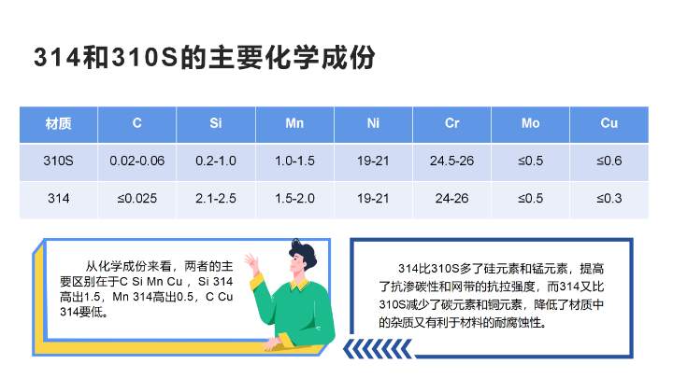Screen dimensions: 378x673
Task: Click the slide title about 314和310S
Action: [204, 58]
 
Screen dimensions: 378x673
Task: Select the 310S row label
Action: [58, 161]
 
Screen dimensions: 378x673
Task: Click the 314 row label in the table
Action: [58, 198]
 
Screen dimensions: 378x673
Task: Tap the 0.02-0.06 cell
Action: [136, 161]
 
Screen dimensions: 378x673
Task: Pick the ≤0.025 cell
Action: [136, 198]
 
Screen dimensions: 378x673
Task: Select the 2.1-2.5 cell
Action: [215, 198]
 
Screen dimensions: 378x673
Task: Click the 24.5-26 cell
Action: [451, 161]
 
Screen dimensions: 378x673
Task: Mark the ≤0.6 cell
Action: [609, 161]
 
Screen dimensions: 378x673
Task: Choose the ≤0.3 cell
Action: [609, 198]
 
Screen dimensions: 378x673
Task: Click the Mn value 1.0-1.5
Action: [294, 161]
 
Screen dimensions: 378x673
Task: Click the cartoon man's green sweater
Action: [305, 313]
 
